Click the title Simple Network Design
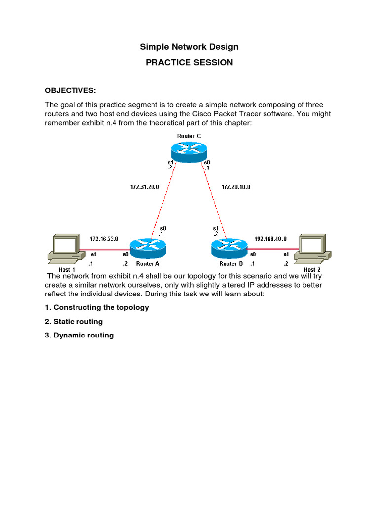[x=189, y=47]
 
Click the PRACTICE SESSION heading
[x=189, y=63]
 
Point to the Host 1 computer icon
[x=64, y=249]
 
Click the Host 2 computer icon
[x=312, y=249]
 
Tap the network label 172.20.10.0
[x=235, y=187]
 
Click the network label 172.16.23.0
[x=104, y=239]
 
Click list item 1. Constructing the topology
[x=97, y=307]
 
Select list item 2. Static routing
[x=74, y=322]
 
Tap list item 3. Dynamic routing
[x=79, y=336]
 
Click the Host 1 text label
[x=67, y=270]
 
